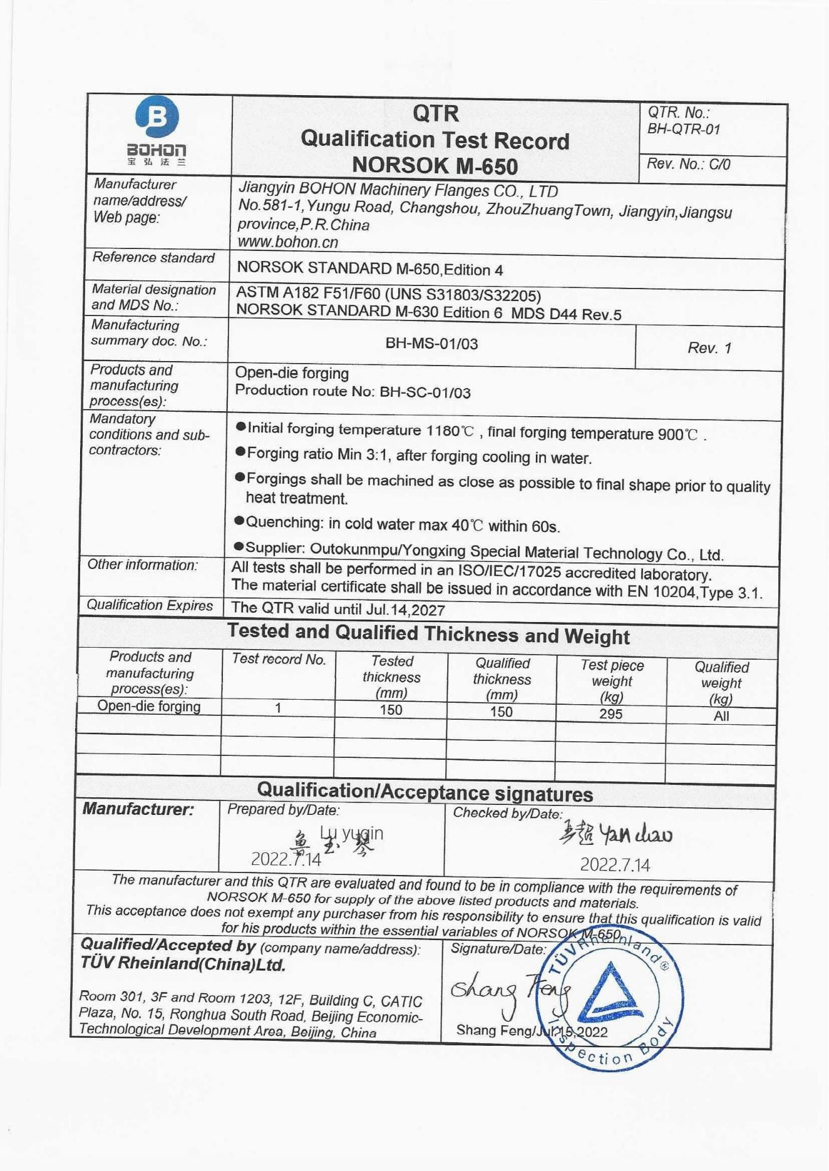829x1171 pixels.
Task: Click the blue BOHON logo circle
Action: (157, 116)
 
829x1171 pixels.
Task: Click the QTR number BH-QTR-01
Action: (684, 130)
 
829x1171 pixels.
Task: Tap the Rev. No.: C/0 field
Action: (688, 164)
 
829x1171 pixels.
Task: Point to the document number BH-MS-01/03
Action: (431, 344)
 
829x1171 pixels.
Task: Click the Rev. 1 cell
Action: (709, 348)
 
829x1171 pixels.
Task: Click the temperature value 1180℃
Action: (450, 431)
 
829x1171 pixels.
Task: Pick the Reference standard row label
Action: (153, 258)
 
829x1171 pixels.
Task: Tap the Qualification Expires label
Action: (150, 605)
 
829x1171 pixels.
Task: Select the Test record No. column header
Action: (279, 659)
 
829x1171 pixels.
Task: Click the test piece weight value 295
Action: (610, 714)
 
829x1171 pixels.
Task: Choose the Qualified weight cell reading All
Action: (721, 716)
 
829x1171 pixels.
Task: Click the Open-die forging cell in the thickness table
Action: (149, 706)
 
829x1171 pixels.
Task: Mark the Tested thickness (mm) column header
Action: (391, 677)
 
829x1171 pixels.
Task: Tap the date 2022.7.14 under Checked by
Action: (615, 865)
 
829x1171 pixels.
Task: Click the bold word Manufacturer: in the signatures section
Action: (138, 809)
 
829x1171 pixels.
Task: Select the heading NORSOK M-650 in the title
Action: (435, 166)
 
